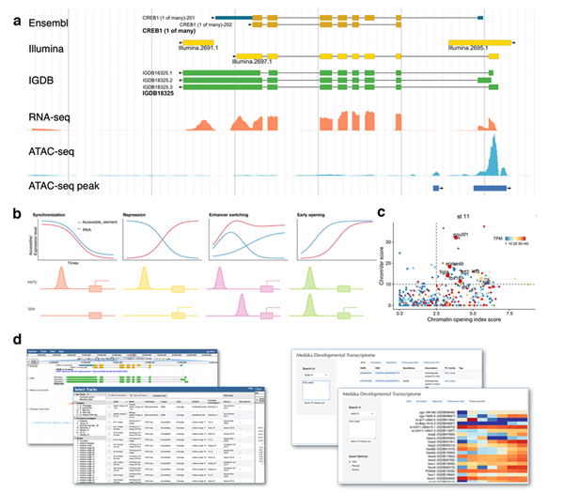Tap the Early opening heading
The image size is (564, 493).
pyautogui.click(x=318, y=216)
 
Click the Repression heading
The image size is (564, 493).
pyautogui.click(x=142, y=216)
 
